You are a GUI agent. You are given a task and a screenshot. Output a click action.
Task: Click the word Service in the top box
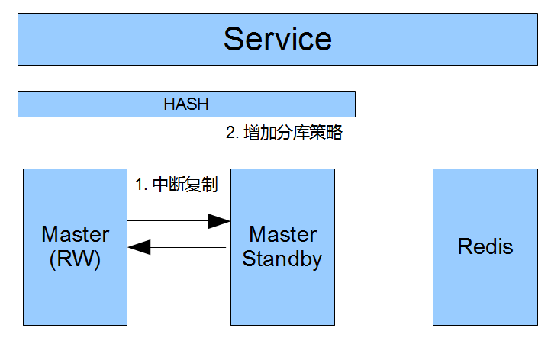tap(278, 38)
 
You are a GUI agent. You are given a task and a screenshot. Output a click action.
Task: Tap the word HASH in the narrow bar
tap(186, 104)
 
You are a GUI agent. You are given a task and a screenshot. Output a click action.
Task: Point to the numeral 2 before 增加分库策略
tap(230, 133)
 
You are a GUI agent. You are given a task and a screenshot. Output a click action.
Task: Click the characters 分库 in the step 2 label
tap(293, 133)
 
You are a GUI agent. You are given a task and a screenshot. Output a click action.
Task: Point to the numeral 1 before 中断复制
tap(139, 185)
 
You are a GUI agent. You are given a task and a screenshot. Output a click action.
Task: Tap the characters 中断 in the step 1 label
tap(169, 185)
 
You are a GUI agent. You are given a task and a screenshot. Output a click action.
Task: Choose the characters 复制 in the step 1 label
tap(201, 185)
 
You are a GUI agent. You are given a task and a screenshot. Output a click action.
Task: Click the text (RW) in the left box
tap(75, 259)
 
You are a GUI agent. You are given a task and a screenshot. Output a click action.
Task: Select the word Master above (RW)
tap(75, 234)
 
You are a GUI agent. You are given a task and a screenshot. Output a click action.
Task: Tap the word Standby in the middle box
tap(282, 259)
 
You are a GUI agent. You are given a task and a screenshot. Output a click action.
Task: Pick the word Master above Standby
tap(282, 234)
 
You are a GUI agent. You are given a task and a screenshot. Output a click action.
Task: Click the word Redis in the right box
tap(485, 246)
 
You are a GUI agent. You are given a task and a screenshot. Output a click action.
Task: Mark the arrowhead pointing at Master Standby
tap(220, 221)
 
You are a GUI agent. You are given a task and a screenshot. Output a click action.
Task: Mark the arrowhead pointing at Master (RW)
tap(139, 247)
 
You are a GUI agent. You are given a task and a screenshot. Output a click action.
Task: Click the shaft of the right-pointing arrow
tap(168, 221)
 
